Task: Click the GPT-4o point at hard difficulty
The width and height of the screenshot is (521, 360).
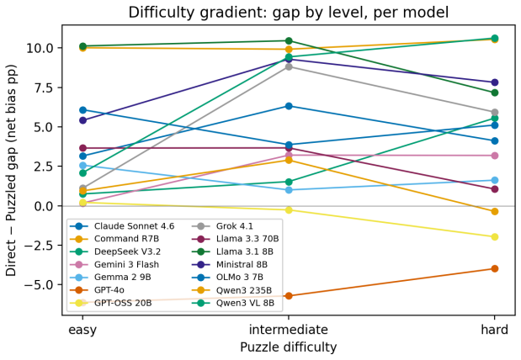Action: click(494, 268)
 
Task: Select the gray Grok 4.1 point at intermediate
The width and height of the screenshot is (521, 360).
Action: click(289, 66)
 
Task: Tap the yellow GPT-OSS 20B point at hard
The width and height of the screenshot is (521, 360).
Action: click(494, 237)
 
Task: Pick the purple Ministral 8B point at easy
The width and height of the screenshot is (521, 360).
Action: click(82, 120)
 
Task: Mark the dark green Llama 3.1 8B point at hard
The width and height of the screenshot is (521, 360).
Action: click(494, 93)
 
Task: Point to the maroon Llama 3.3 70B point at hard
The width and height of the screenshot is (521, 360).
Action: click(494, 189)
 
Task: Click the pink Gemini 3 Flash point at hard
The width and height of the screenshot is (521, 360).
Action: click(494, 156)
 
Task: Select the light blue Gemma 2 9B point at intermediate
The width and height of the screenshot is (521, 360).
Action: click(289, 190)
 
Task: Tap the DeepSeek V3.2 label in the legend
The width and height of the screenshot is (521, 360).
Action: click(128, 251)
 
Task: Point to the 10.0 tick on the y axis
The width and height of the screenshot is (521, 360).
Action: click(40, 48)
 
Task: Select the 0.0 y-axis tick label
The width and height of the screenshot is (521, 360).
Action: click(44, 206)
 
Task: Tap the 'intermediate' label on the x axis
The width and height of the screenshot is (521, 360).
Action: click(289, 330)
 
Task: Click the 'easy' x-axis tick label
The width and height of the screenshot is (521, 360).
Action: click(82, 331)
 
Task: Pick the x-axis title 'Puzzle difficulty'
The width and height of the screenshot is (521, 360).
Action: click(289, 347)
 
